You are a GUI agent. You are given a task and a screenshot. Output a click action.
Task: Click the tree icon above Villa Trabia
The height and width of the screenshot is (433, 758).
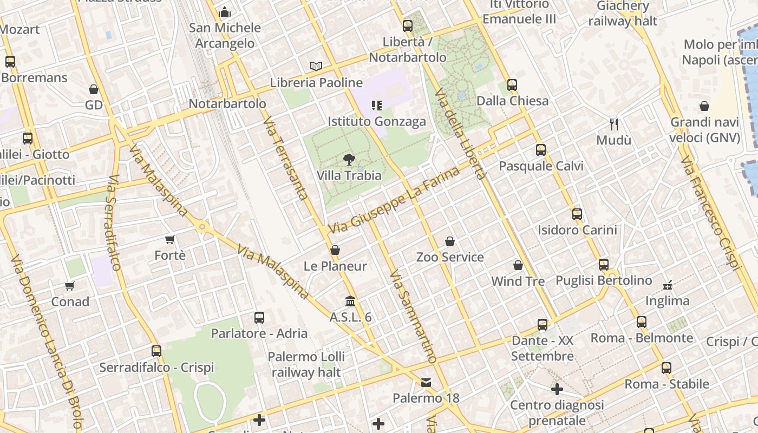click(349, 159)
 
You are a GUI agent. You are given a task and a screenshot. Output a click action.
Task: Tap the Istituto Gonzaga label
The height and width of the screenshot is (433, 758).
click(377, 121)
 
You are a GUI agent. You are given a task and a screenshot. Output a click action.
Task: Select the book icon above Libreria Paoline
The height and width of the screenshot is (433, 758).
click(316, 66)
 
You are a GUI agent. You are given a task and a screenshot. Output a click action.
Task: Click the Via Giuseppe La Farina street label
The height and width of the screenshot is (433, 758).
click(394, 200)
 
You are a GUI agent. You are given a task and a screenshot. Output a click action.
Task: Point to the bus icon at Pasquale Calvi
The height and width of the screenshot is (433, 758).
click(540, 149)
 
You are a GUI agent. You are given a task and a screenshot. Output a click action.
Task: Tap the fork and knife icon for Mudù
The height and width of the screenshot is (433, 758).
click(614, 124)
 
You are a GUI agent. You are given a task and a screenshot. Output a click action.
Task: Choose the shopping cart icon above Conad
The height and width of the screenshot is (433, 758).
click(69, 285)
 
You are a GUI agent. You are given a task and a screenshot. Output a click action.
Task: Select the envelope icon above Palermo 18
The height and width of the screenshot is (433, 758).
click(426, 383)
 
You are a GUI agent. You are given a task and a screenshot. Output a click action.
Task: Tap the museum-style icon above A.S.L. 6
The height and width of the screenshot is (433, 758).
click(350, 301)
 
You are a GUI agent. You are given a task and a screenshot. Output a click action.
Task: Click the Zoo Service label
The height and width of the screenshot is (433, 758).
click(450, 257)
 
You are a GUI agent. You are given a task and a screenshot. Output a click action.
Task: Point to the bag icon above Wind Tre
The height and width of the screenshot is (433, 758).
click(518, 265)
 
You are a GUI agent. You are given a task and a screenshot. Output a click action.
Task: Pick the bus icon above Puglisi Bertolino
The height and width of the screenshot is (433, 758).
click(604, 264)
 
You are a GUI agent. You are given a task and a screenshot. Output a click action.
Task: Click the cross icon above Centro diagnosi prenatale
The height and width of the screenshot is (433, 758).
click(557, 389)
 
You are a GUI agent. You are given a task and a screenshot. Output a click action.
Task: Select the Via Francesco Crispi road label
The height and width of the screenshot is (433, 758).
click(710, 213)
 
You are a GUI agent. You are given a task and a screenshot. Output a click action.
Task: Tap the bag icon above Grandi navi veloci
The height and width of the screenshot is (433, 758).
click(704, 106)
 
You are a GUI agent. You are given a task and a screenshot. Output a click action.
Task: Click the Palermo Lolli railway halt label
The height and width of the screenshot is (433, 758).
click(306, 364)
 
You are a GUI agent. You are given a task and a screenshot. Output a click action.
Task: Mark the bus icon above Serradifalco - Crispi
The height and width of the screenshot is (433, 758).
click(156, 351)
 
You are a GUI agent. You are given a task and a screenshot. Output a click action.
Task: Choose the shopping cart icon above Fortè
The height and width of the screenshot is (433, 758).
click(169, 239)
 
